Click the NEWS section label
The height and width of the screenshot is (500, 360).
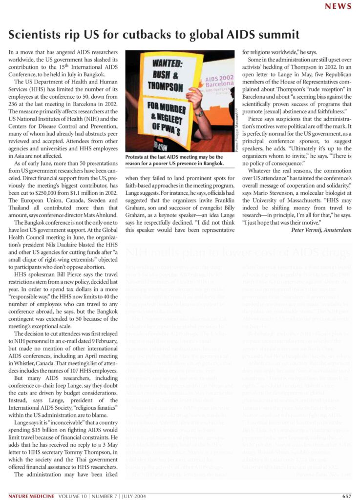[338, 6]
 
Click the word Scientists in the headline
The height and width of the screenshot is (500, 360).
[36, 35]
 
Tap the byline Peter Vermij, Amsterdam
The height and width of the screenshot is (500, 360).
[321, 229]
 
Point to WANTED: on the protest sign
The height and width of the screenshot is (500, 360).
[168, 64]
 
